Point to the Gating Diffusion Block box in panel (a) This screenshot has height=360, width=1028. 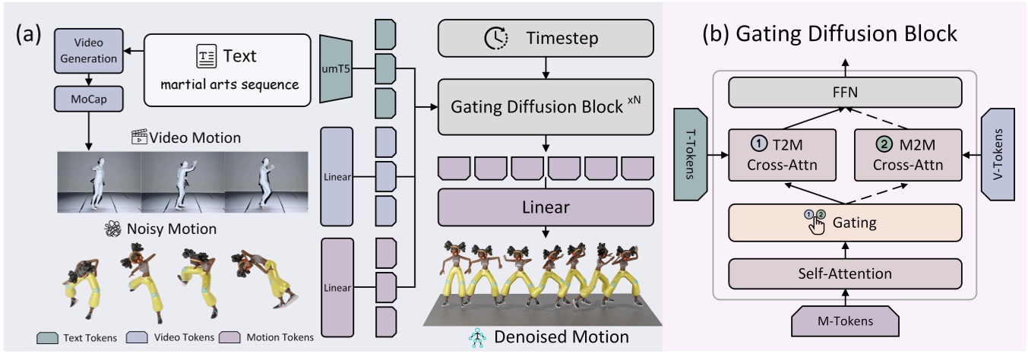(546, 107)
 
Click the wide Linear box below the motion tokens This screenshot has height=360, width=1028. (546, 206)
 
